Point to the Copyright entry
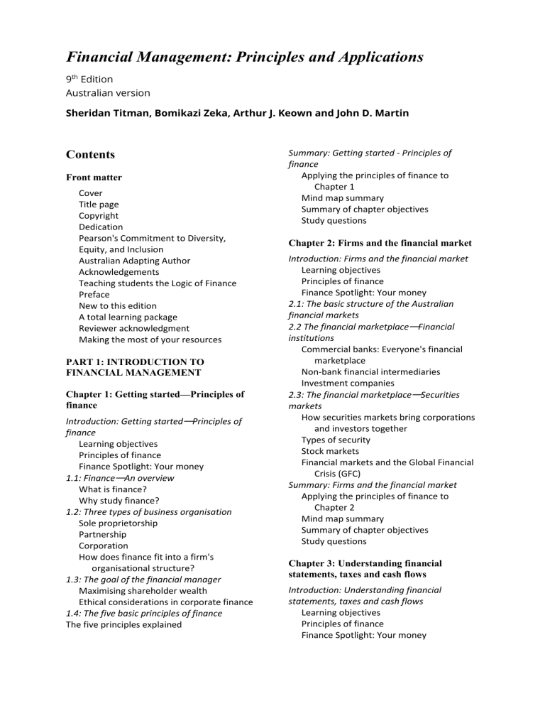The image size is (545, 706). pyautogui.click(x=99, y=215)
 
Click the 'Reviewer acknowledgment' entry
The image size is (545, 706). pyautogui.click(x=134, y=328)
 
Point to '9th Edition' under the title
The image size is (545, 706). pyautogui.click(x=89, y=79)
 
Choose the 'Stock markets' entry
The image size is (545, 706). pyautogui.click(x=330, y=451)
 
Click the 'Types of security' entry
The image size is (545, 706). pyautogui.click(x=336, y=440)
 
